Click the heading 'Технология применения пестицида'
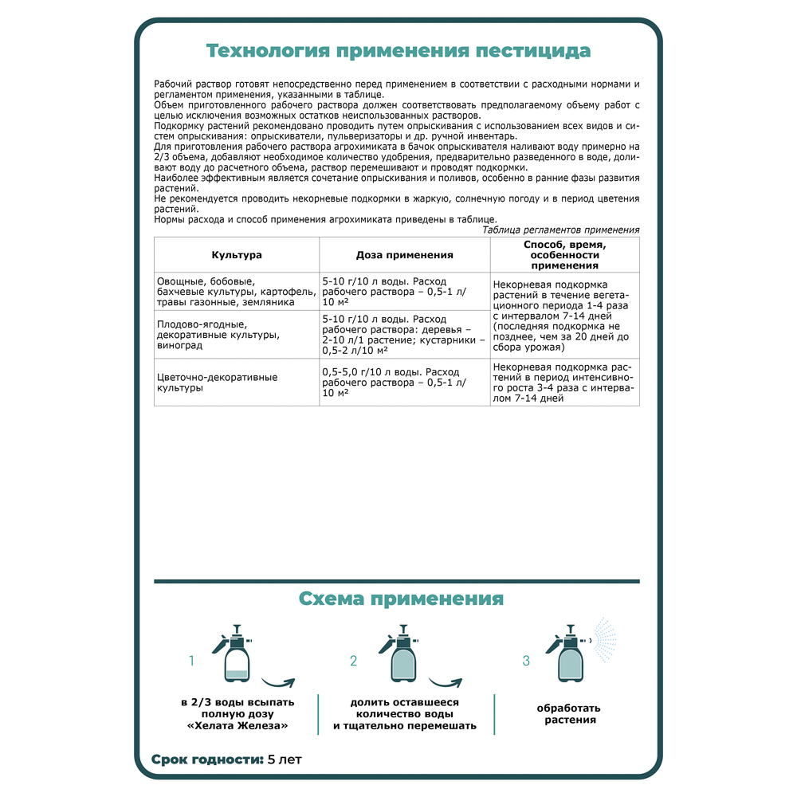point(398,51)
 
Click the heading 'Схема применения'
point(401,599)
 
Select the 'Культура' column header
point(237,255)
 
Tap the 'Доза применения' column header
point(404,255)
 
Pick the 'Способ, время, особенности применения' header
point(564,255)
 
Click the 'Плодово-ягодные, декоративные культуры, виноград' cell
point(218,335)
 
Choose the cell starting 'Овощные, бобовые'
point(225,292)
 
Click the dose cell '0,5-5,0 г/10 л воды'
point(394,383)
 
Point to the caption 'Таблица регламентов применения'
point(561,230)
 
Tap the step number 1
point(191,661)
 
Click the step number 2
point(353,661)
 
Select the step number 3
point(525,661)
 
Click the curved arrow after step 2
point(446,683)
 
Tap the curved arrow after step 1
point(278,683)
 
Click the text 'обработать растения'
point(568,713)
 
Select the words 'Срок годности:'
point(207,759)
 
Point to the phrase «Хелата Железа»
point(237,726)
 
